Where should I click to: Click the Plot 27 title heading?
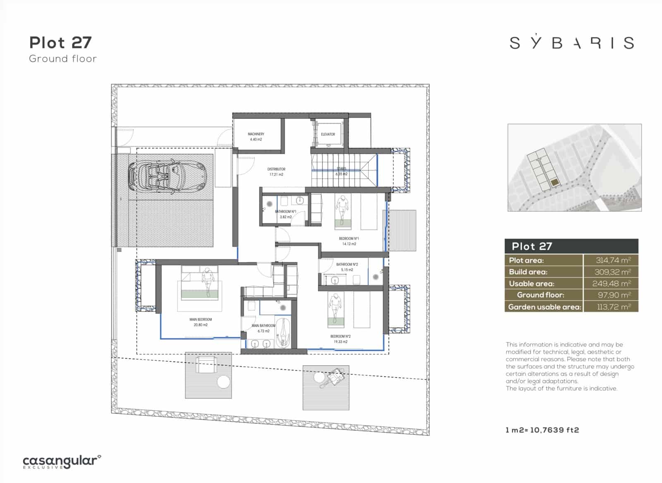pyautogui.click(x=60, y=43)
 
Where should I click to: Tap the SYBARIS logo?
pyautogui.click(x=571, y=42)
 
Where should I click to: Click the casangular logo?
pyautogui.click(x=62, y=461)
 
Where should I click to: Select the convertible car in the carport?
pyautogui.click(x=167, y=176)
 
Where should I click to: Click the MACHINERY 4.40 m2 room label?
pyautogui.click(x=256, y=137)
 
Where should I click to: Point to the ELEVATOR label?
pyautogui.click(x=328, y=134)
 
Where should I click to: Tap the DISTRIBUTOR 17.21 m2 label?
pyautogui.click(x=276, y=171)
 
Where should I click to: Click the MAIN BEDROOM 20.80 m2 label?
pyautogui.click(x=201, y=322)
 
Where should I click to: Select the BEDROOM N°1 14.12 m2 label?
pyautogui.click(x=349, y=241)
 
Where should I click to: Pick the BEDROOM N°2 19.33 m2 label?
pyautogui.click(x=340, y=339)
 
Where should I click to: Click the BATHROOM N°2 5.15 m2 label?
pyautogui.click(x=347, y=267)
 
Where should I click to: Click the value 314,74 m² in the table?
pyautogui.click(x=613, y=260)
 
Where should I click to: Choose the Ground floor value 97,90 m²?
pyautogui.click(x=614, y=295)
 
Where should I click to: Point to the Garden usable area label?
pyautogui.click(x=544, y=307)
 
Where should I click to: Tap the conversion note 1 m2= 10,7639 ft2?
pyautogui.click(x=542, y=430)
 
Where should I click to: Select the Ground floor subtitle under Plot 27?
pyautogui.click(x=63, y=59)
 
